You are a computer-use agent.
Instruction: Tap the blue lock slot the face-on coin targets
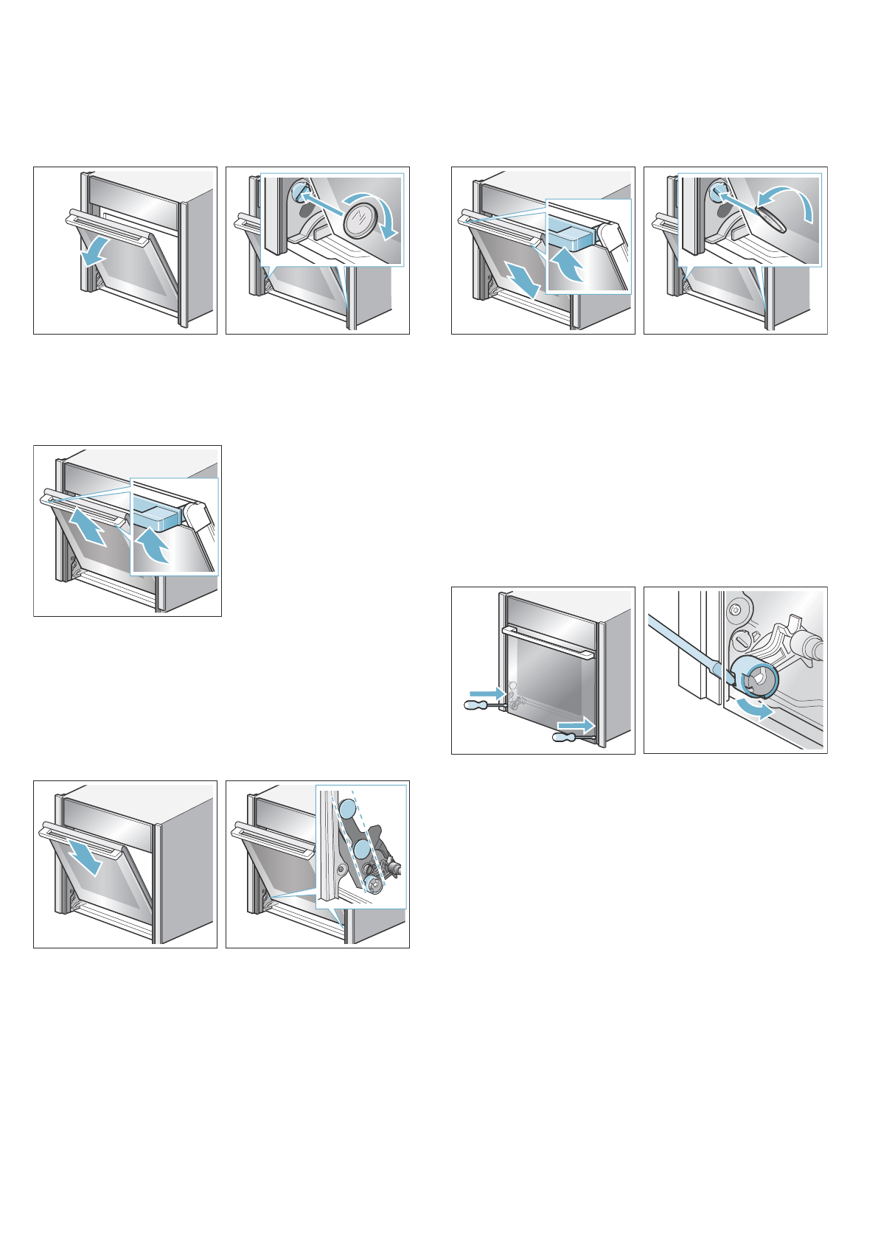[299, 190]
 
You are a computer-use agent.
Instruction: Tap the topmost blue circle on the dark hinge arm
[348, 814]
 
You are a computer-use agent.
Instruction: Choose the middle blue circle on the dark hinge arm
[362, 850]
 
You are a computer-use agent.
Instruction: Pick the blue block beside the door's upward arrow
[157, 514]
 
